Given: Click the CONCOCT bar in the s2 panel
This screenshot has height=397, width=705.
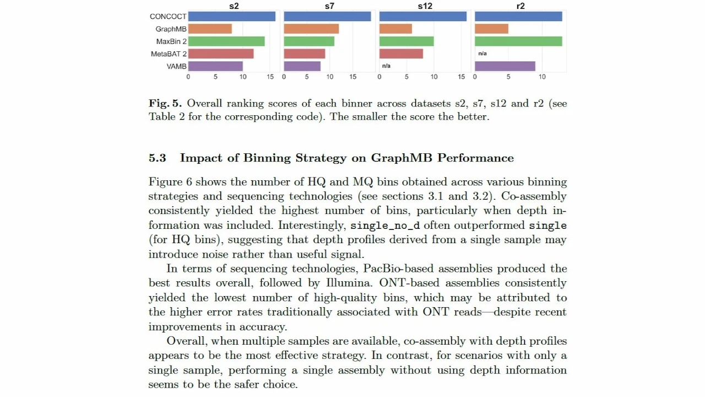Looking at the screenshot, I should (x=232, y=17).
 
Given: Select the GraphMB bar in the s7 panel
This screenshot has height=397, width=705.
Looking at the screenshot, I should (x=311, y=29).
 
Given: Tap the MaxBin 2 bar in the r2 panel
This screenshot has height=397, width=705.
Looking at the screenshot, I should (x=518, y=41).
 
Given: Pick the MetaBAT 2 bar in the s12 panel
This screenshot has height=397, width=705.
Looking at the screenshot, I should (x=401, y=53).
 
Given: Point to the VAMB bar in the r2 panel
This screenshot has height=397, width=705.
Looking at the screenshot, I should (x=505, y=66).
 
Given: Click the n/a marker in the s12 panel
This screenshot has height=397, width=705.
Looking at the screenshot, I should (x=386, y=66).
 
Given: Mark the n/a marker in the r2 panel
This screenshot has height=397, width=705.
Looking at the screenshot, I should (x=482, y=53).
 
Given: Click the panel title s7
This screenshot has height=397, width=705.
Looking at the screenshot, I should (x=329, y=6).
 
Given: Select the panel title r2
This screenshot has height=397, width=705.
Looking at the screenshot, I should (x=520, y=6).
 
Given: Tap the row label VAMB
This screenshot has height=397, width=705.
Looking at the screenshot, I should (x=176, y=66).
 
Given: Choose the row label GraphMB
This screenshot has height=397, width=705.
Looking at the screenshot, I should (x=171, y=29).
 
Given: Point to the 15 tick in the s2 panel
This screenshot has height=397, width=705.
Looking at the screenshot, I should (x=270, y=77).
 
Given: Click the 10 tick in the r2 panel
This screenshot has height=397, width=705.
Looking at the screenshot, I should (x=542, y=77).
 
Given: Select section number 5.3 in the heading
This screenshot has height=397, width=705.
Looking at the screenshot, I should (x=157, y=158).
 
